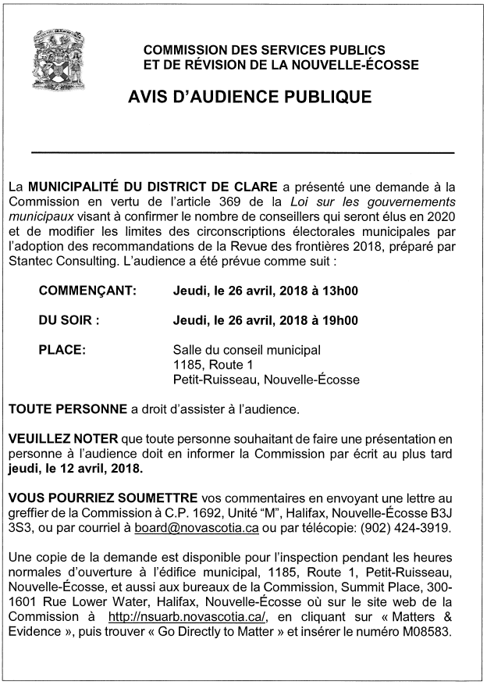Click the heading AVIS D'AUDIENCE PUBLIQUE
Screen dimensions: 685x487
coord(243,98)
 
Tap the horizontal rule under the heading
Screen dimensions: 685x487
coord(243,152)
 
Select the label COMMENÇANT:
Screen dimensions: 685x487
coord(87,291)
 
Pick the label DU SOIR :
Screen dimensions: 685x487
coord(69,320)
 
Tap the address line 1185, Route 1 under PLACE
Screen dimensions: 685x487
coord(213,365)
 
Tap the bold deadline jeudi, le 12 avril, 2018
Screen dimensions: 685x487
coord(76,469)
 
